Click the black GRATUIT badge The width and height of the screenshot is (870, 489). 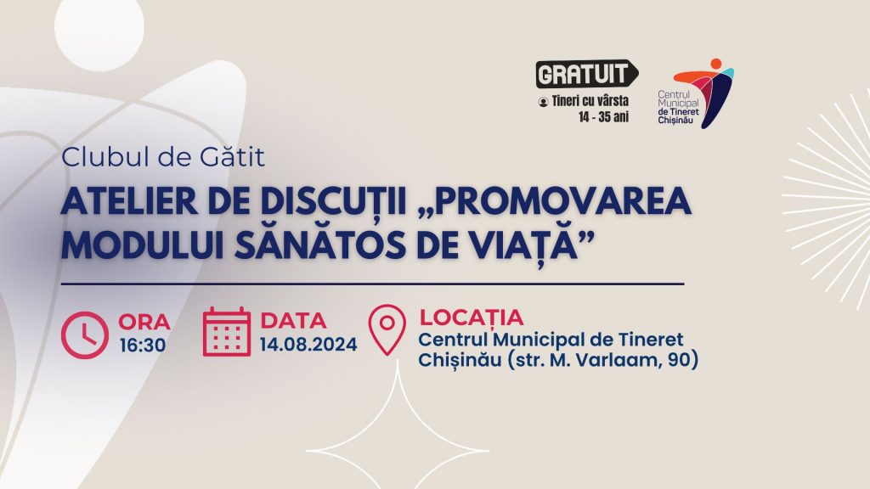[x=586, y=74]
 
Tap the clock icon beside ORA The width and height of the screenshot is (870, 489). [x=85, y=334]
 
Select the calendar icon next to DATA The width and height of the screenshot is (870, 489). [x=226, y=332]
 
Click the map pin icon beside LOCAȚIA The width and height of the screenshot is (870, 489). [x=387, y=329]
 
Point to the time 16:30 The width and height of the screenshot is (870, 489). [x=143, y=346]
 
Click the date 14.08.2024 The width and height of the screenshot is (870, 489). [x=308, y=345]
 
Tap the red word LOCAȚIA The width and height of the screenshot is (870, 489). [x=472, y=318]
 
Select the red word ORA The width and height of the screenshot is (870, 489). [x=144, y=322]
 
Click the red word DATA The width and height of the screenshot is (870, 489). [x=293, y=321]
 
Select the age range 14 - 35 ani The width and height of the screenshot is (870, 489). [x=604, y=117]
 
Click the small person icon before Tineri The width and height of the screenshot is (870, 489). [x=543, y=102]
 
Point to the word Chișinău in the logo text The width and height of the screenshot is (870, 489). [x=675, y=121]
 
